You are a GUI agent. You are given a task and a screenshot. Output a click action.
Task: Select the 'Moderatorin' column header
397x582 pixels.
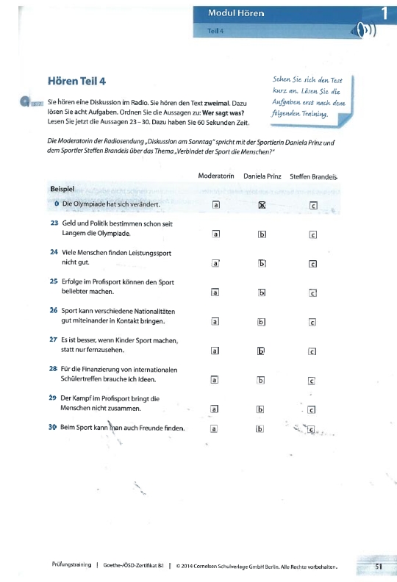(x=216, y=177)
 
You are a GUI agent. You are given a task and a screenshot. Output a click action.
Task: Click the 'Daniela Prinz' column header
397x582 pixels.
(x=262, y=177)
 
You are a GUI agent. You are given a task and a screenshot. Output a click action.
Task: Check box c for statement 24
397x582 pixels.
(x=312, y=263)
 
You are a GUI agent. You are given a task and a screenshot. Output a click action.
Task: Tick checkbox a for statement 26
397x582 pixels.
(x=215, y=321)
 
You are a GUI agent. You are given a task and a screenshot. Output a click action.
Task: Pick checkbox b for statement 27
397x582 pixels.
(x=261, y=351)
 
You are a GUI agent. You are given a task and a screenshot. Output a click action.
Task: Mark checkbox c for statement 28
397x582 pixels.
(x=312, y=380)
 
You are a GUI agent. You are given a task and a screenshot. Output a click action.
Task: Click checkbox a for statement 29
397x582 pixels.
(x=215, y=409)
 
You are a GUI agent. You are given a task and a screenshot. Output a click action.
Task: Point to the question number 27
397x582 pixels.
(x=54, y=339)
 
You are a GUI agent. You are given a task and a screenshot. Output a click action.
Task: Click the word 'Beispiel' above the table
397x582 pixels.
(x=65, y=189)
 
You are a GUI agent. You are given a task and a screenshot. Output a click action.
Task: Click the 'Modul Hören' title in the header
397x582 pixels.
(x=236, y=13)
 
